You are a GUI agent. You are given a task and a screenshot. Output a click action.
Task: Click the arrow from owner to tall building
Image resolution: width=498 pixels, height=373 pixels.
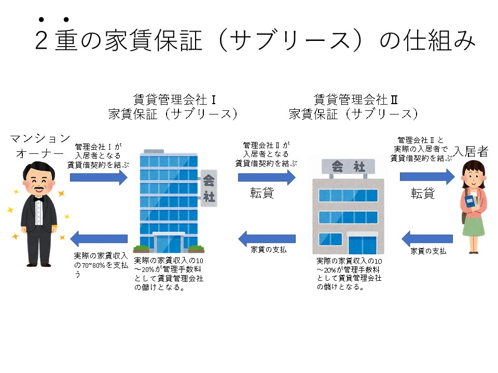pos(99,178)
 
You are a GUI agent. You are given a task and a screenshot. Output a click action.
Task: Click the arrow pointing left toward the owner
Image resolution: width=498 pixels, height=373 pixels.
pos(99,239)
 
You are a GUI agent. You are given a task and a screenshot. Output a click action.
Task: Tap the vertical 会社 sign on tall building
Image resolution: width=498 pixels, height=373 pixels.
pos(209,189)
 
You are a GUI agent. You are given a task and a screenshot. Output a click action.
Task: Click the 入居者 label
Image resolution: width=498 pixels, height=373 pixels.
pos(471,151)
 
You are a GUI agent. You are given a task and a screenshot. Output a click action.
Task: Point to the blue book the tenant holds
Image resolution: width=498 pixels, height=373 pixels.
pos(470,203)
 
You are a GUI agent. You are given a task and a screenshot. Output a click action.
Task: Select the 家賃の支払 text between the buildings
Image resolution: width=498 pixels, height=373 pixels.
pos(269,250)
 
